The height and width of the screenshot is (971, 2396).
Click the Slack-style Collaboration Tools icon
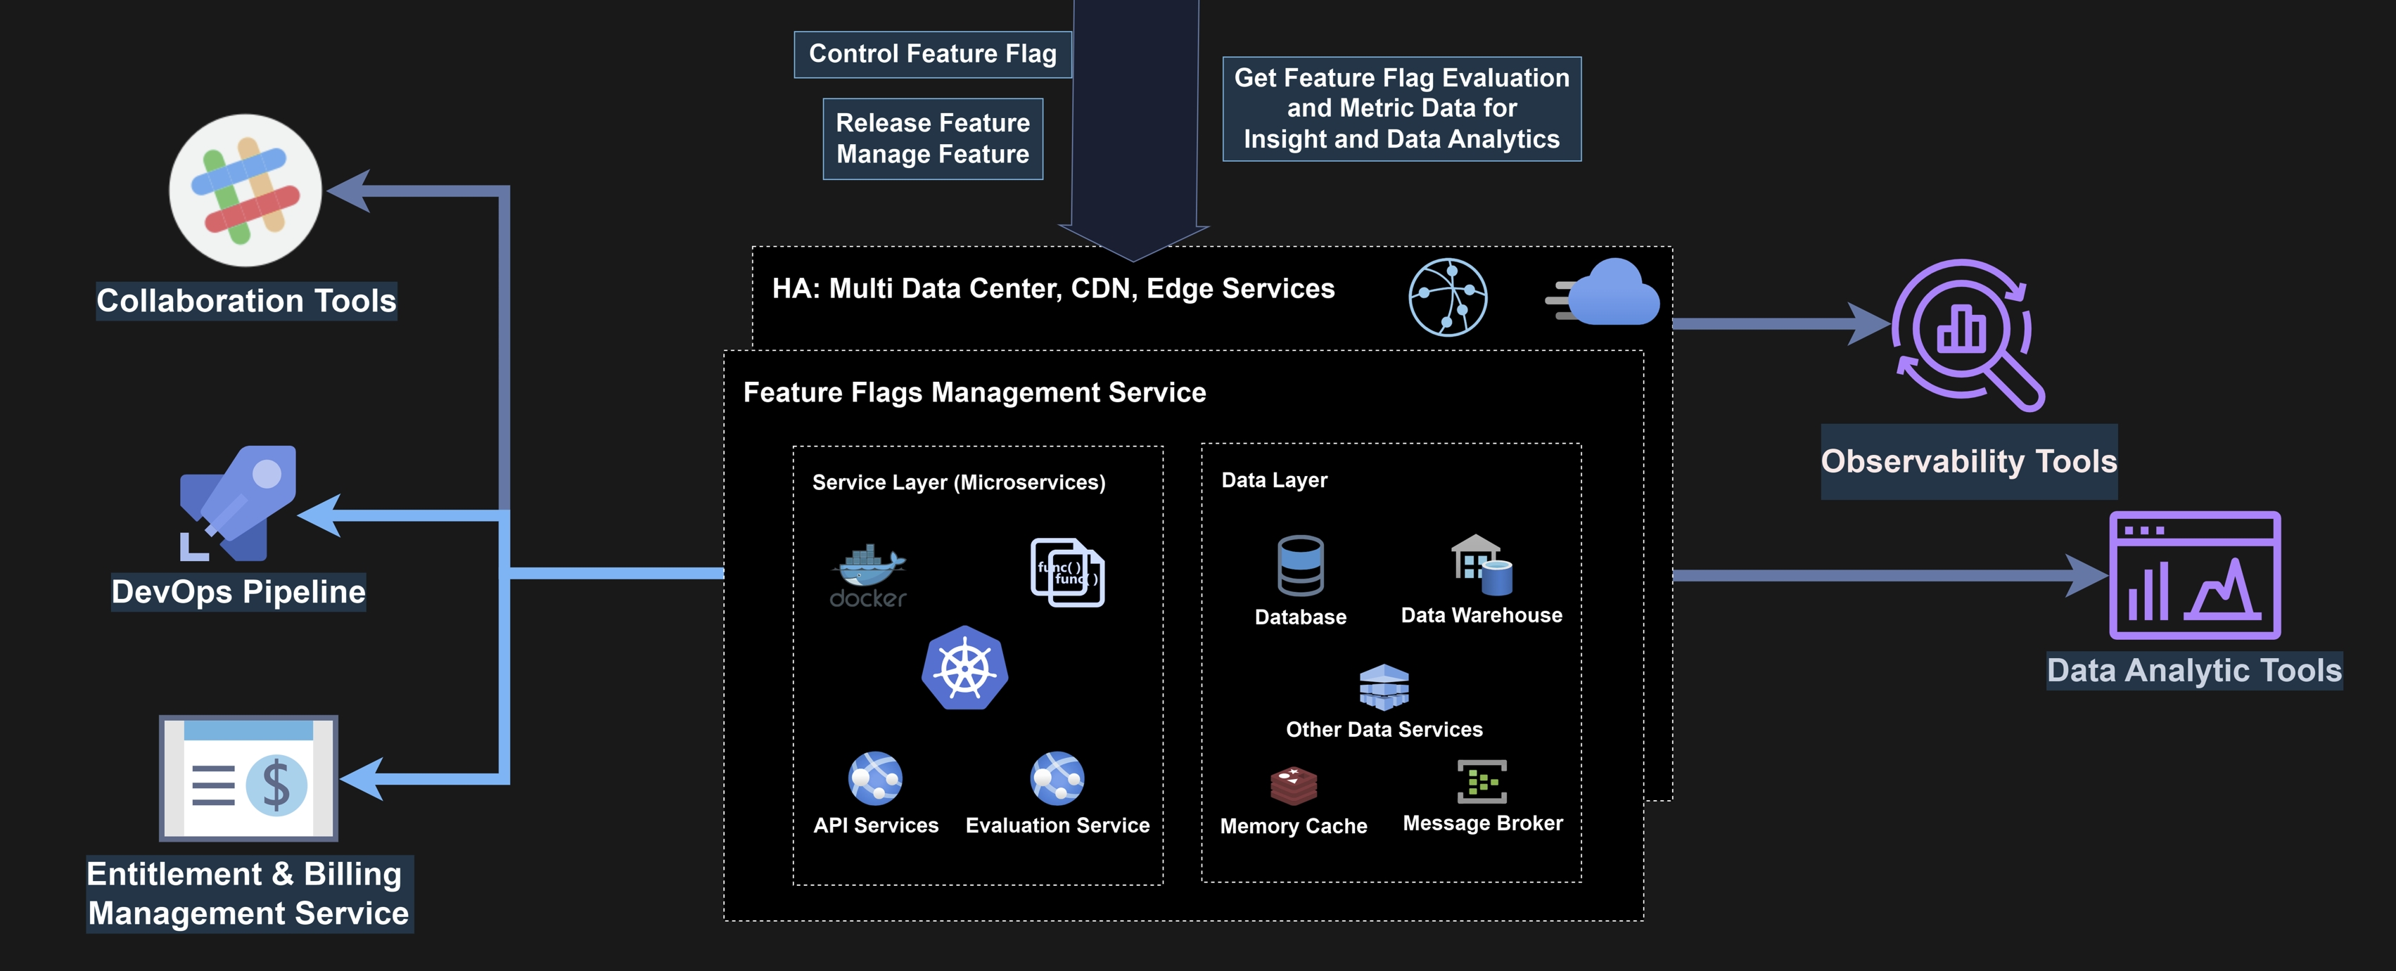tap(246, 191)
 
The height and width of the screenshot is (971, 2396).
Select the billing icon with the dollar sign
tap(248, 778)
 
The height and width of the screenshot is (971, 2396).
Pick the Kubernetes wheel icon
tap(964, 669)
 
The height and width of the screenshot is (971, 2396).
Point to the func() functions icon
tap(1067, 572)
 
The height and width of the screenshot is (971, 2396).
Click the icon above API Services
tap(875, 778)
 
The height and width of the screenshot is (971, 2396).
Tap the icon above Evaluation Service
tap(1057, 778)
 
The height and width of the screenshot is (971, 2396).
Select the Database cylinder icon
tap(1300, 565)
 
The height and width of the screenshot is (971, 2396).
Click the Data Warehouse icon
tap(1481, 564)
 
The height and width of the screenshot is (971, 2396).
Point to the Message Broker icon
tap(1481, 781)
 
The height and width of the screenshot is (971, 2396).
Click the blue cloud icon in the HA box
tap(1611, 293)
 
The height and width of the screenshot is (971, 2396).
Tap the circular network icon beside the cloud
tap(1447, 297)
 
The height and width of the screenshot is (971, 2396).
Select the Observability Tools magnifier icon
tap(1967, 334)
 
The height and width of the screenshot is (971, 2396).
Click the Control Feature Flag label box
tap(932, 54)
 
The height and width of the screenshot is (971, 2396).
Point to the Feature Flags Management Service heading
tap(974, 392)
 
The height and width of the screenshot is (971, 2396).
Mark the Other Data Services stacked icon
tap(1384, 688)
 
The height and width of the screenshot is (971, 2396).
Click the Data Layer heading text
tap(1274, 480)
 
